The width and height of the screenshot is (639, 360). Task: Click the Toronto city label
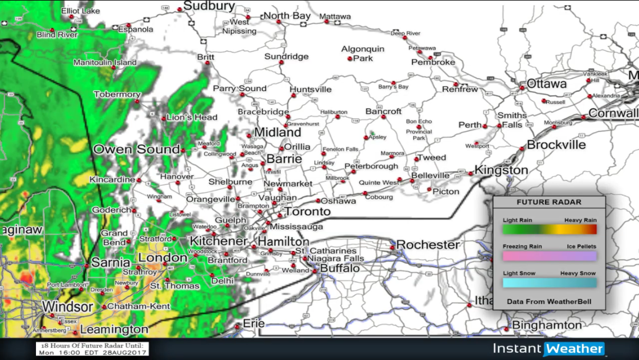pos(308,212)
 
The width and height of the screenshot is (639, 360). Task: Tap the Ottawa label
pos(547,84)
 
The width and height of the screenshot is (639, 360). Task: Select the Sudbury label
pos(209,6)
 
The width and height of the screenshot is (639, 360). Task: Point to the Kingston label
pos(501,170)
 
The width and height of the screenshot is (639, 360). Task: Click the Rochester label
pos(428,245)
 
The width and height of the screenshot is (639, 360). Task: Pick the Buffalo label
pos(340,268)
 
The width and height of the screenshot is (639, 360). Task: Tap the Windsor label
pos(67,307)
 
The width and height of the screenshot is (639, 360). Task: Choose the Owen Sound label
pos(137,150)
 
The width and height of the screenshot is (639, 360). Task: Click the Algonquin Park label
pos(363,53)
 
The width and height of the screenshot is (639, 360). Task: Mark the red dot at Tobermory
pos(137,101)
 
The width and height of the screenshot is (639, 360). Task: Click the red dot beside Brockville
pos(522,149)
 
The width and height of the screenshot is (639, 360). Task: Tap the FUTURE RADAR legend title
pos(549,202)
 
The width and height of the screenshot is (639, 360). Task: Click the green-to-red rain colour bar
pos(549,229)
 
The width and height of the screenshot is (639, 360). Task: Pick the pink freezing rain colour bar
pos(549,256)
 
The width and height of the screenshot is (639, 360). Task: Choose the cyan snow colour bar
pos(549,282)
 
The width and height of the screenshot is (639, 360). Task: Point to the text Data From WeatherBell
pos(549,301)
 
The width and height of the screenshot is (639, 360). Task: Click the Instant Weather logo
pos(548,349)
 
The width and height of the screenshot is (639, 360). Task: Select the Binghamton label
pos(547,325)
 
